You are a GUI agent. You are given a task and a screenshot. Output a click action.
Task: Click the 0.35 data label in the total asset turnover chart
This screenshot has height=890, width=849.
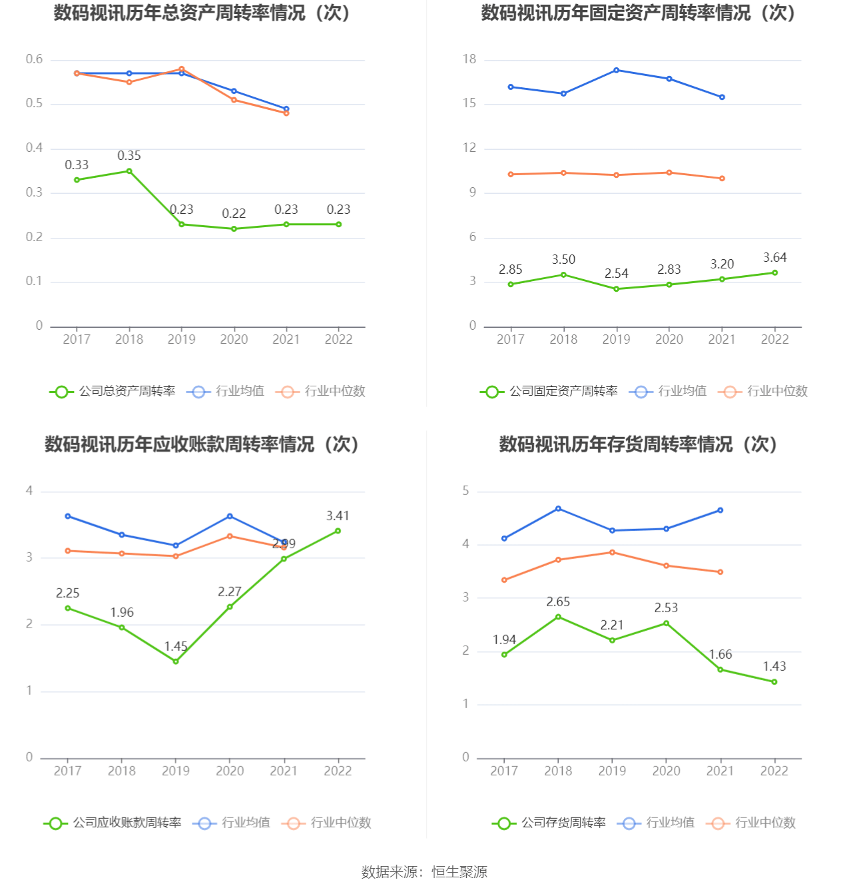[x=129, y=156]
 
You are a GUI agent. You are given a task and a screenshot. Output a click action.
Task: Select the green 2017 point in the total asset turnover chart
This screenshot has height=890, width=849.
[x=77, y=180]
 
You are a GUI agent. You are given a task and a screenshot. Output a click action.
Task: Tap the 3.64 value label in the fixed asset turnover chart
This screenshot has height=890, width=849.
[x=774, y=258]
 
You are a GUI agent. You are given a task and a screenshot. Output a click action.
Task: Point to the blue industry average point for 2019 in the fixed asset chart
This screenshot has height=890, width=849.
[x=616, y=70]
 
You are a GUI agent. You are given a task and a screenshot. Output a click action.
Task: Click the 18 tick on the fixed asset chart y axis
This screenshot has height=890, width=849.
[x=470, y=59]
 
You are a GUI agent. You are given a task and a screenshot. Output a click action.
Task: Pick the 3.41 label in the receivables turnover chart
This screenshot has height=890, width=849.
[x=338, y=516]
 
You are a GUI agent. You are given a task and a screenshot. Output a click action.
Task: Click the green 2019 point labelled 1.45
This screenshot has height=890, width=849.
[x=176, y=661]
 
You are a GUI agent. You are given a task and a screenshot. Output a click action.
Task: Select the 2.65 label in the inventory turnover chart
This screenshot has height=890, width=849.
[x=558, y=602]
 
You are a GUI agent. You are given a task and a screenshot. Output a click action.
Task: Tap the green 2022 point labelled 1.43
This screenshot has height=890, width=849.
[x=774, y=681]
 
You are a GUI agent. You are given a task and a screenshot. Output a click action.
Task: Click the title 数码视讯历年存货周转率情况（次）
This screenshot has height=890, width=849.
[x=639, y=444]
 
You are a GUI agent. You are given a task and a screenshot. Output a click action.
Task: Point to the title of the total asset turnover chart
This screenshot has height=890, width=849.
[x=202, y=13]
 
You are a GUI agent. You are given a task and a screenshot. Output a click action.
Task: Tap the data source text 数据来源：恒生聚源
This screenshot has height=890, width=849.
[x=424, y=872]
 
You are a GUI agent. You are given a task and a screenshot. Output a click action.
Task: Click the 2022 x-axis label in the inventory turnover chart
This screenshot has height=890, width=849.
[x=774, y=771]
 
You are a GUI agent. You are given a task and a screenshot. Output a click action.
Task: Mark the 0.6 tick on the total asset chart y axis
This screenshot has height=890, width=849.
[x=34, y=59]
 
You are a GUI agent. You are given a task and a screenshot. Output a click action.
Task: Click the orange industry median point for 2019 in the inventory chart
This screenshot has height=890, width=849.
[x=612, y=552]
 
